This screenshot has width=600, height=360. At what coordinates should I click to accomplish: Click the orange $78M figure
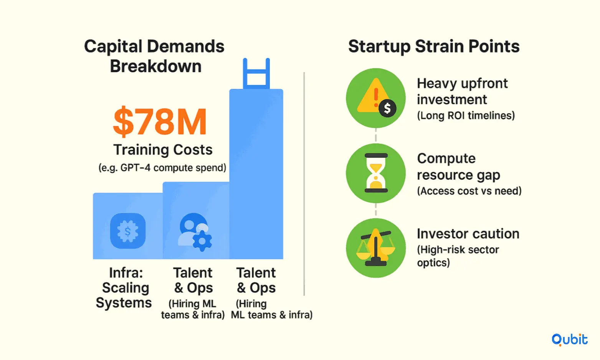[x=160, y=122]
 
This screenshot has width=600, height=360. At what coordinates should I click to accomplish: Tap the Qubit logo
[x=569, y=340]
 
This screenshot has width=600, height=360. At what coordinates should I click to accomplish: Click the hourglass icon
[x=376, y=173]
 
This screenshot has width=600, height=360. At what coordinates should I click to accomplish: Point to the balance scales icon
[x=376, y=248]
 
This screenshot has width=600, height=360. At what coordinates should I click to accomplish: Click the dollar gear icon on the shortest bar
[x=128, y=231]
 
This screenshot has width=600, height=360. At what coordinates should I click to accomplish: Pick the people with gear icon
[x=195, y=232]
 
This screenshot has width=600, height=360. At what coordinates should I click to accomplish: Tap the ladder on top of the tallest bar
[x=256, y=73]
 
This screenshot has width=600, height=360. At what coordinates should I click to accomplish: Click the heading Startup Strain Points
[x=434, y=46]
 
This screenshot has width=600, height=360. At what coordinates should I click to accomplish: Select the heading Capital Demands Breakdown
[x=155, y=56]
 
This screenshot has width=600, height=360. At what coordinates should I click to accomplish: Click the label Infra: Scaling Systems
[x=124, y=288]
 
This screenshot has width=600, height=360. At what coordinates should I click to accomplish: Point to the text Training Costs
[x=163, y=149]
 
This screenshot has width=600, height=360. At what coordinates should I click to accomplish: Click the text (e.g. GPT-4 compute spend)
[x=163, y=168]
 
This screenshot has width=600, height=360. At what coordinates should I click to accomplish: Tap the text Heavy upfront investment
[x=462, y=91]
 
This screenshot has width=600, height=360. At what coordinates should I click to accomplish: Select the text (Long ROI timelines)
[x=466, y=116]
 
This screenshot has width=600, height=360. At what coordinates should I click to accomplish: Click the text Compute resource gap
[x=459, y=166]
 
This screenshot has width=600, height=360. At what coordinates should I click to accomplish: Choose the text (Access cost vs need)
[x=469, y=191]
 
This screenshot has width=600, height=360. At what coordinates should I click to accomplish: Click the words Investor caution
[x=468, y=234]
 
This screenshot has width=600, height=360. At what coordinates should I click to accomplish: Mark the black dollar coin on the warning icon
[x=387, y=108]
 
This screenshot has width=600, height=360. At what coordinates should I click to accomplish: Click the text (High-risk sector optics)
[x=458, y=256]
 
